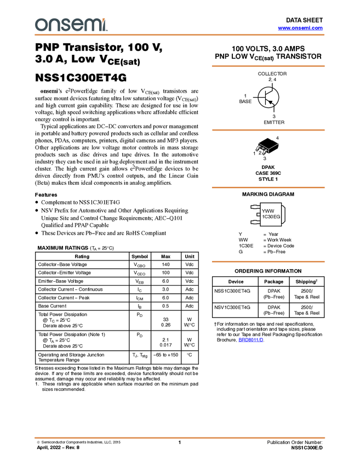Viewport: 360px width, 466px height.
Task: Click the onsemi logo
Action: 71,25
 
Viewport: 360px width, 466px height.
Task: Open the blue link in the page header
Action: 300,28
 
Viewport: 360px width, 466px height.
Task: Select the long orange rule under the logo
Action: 180,35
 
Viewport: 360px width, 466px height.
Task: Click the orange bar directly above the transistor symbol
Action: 268,66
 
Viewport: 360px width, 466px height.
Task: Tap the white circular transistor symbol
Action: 268,98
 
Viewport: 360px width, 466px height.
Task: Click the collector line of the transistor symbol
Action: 270,92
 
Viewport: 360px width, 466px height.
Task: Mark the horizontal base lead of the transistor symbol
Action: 261,98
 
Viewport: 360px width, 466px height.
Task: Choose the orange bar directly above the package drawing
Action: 268,130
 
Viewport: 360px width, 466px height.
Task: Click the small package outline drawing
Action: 264,149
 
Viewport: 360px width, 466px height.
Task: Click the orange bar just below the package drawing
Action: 268,187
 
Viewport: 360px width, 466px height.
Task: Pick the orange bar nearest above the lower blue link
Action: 268,262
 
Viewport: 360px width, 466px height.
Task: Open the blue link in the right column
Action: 251,340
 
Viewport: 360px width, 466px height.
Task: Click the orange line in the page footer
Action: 180,438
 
